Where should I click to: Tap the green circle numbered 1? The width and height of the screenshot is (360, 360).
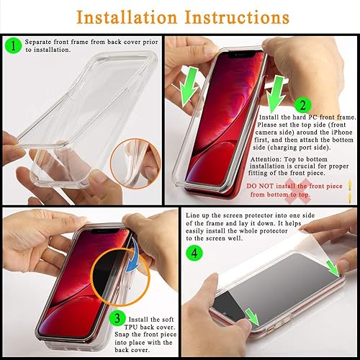click(x=14, y=47)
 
